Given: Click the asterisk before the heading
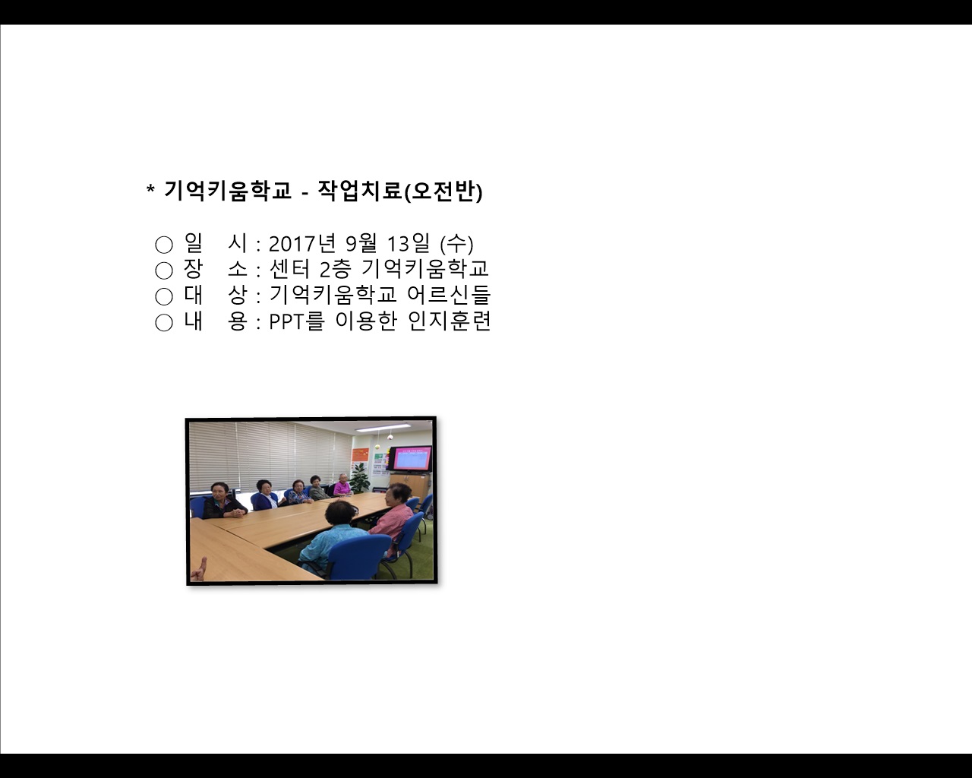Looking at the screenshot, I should click(150, 190).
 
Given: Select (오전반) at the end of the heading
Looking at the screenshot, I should click(443, 191).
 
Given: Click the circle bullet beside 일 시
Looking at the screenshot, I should click(164, 245).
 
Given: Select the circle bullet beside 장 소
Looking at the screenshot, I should click(164, 270).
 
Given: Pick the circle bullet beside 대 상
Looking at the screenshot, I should click(164, 296).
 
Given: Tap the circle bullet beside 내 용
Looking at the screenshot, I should click(164, 322).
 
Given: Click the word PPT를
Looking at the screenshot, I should click(297, 321).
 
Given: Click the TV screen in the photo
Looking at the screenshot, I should click(410, 459).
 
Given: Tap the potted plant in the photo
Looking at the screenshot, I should click(360, 477).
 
